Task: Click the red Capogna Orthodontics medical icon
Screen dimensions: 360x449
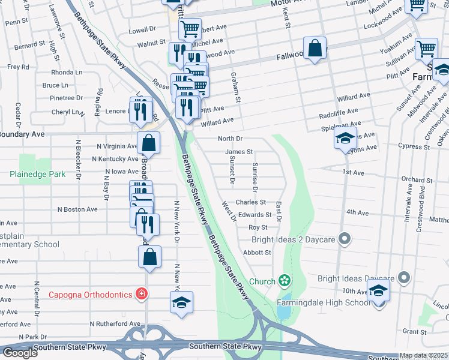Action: coord(141,294)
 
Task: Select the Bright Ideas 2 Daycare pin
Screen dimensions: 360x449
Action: coord(344,239)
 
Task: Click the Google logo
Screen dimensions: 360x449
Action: coord(20,353)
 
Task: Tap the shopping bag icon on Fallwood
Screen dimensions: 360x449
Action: coord(314,49)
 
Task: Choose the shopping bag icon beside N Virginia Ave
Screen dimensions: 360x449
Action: coord(148,143)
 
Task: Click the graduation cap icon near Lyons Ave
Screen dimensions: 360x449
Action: coord(345,139)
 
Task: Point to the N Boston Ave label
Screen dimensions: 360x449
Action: coord(77,209)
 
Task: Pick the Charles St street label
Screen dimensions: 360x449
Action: coord(250,203)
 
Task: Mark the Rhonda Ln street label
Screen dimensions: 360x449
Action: coord(67,72)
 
